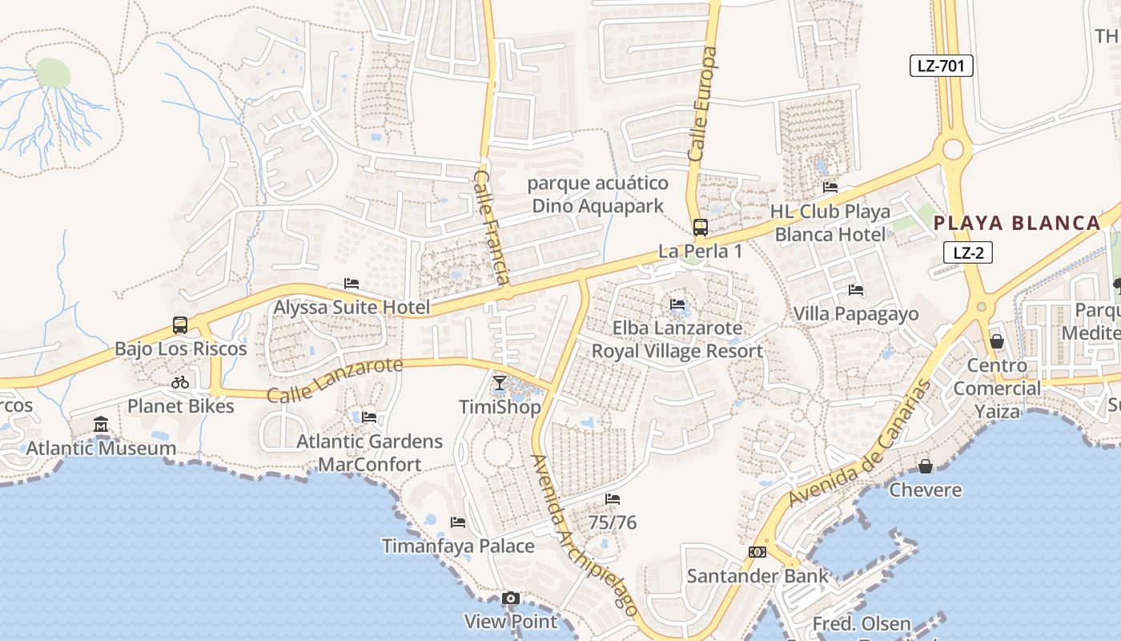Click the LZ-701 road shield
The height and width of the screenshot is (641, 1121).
pos(941,66)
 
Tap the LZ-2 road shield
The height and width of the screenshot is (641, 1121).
pos(968,253)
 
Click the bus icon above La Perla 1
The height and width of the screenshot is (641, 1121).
pos(700,228)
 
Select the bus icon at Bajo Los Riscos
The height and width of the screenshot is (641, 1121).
pos(180,325)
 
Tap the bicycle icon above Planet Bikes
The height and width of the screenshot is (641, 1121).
pos(180,382)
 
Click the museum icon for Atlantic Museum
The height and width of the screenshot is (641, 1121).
pos(101,424)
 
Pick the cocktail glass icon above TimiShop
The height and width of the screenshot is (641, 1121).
pos(500,383)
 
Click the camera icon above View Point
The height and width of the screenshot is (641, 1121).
pos(510,599)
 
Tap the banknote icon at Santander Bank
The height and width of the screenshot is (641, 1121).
pos(757,552)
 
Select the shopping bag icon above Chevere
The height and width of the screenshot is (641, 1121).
pos(926,466)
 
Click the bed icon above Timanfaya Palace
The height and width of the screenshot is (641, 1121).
pos(458,522)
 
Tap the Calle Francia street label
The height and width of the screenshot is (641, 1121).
pos(491,227)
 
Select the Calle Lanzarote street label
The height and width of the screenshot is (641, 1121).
pos(335,381)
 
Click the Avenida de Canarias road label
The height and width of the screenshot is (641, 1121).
pos(860,442)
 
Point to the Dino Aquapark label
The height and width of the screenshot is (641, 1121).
pos(598,206)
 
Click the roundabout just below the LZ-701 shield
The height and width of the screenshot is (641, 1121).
pos(953,149)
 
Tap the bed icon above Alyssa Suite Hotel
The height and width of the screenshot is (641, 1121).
pos(351,284)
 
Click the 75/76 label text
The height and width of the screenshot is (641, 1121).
pos(613,522)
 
